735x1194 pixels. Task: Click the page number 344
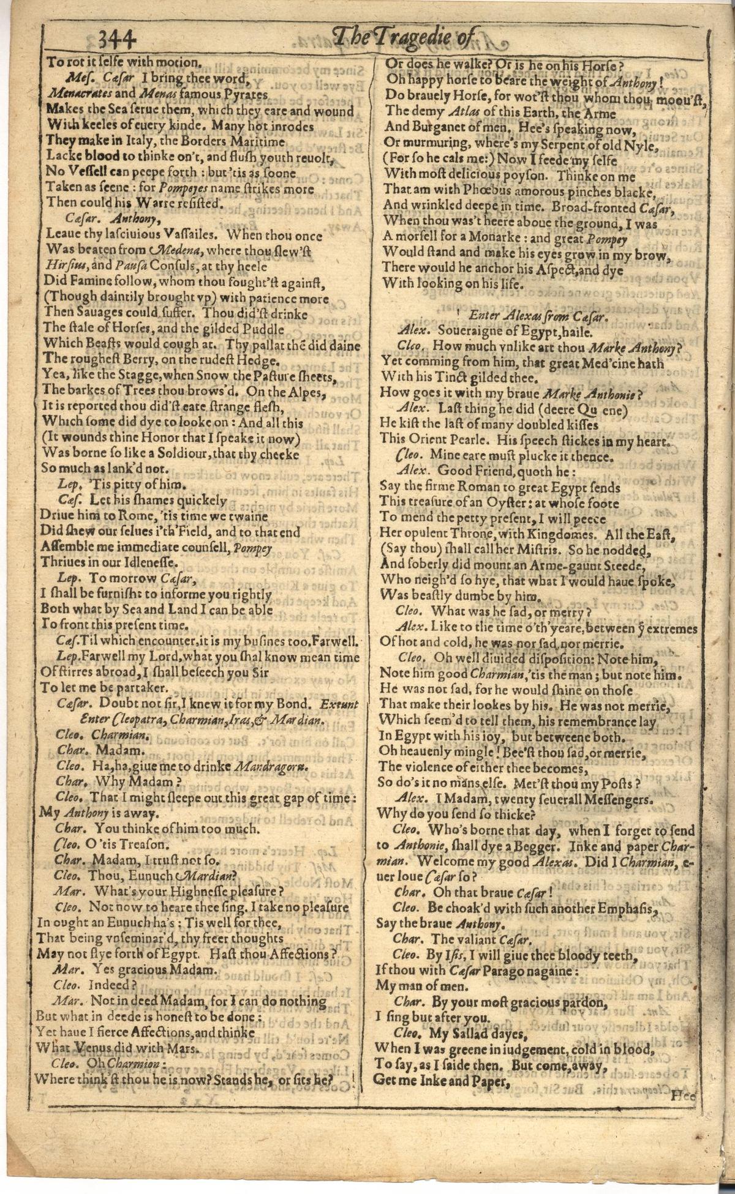(116, 40)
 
